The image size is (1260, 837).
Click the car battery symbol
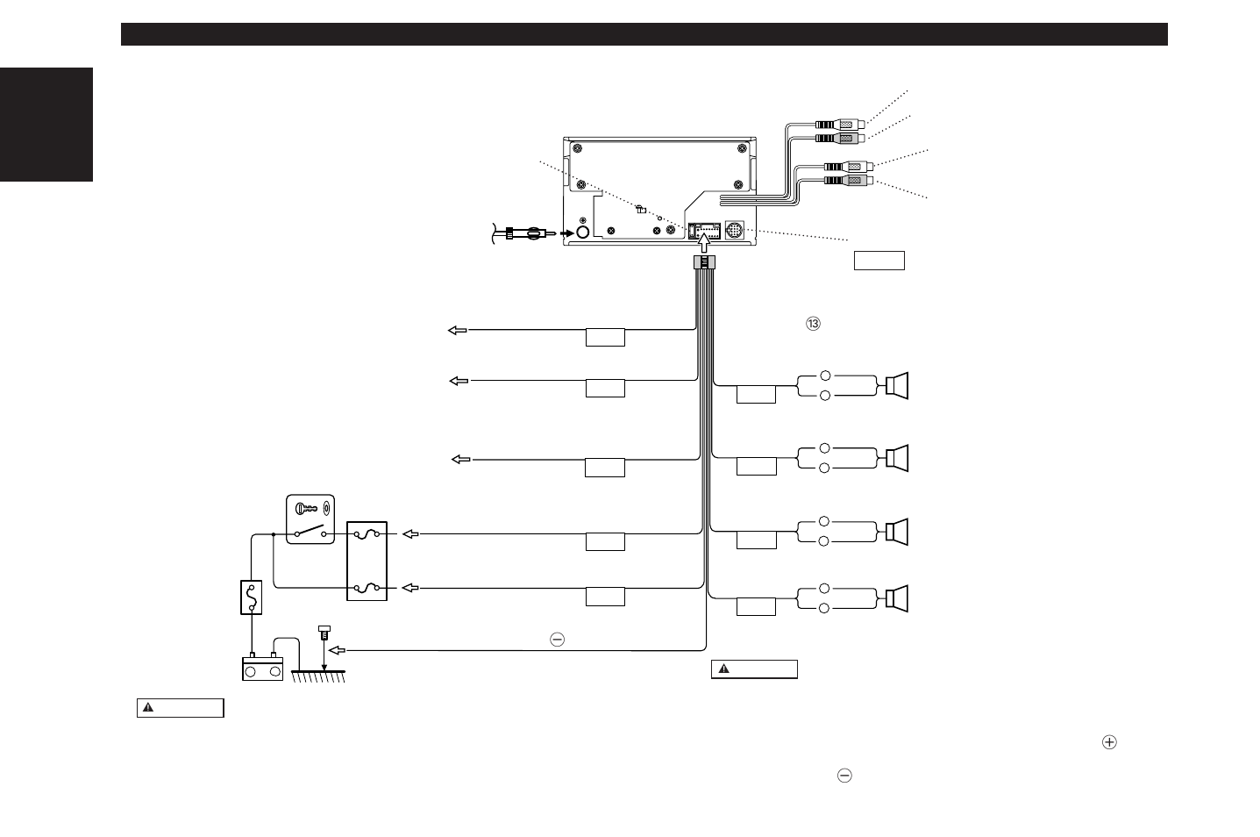(263, 668)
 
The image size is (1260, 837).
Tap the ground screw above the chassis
(324, 632)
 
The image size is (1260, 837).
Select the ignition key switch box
(310, 519)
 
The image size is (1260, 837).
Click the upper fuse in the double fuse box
(367, 533)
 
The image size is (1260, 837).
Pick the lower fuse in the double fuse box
(367, 588)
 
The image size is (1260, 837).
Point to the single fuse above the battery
(252, 597)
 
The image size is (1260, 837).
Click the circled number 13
(813, 324)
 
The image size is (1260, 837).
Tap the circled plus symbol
(1109, 742)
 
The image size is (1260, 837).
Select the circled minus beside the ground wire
(557, 640)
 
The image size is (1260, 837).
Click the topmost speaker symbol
(897, 385)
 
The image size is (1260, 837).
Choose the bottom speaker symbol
(897, 598)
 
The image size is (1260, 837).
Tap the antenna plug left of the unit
(526, 233)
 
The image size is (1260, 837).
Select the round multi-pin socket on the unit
(735, 230)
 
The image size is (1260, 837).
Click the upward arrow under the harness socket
(704, 243)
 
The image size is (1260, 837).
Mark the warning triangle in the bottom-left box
(148, 707)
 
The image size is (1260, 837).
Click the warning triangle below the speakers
(724, 669)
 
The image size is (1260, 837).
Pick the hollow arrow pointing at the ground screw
(337, 651)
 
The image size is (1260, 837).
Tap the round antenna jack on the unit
(583, 232)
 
